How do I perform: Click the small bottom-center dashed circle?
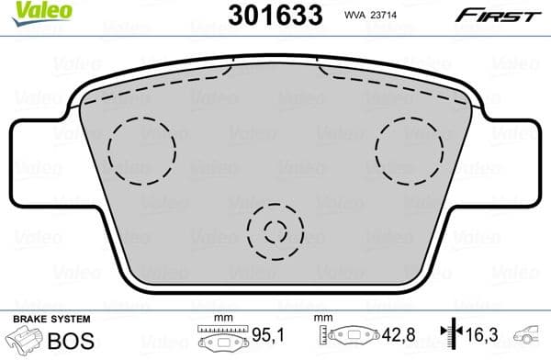(276, 230)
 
